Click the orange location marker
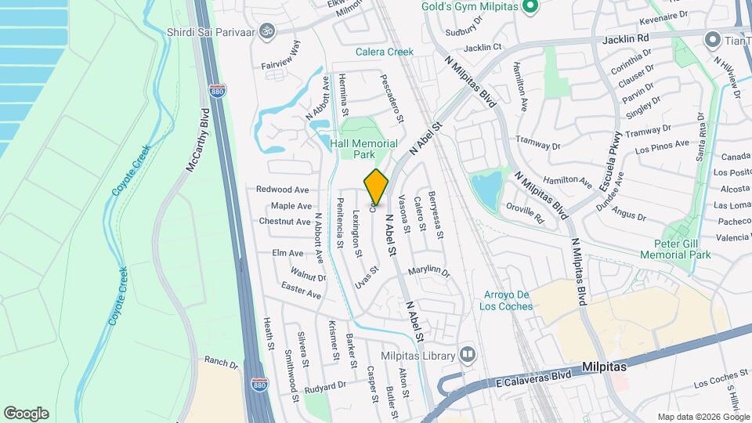377,186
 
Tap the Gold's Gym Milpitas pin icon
530,8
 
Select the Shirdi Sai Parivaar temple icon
266,32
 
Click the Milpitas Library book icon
468,356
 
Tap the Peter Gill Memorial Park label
674,249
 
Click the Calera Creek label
384,52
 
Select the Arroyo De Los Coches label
506,300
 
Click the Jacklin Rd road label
627,38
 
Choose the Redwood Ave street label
282,190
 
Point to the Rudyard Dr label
325,386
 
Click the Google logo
26,414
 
